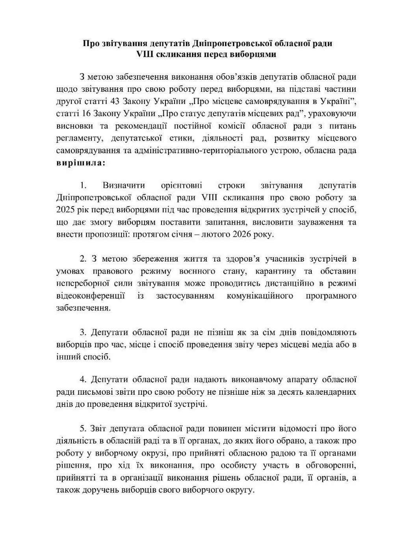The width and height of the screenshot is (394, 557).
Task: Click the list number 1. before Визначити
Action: (83, 185)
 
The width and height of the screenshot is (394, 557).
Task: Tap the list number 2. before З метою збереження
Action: (83, 259)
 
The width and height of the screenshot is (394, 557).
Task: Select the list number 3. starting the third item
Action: (83, 332)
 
